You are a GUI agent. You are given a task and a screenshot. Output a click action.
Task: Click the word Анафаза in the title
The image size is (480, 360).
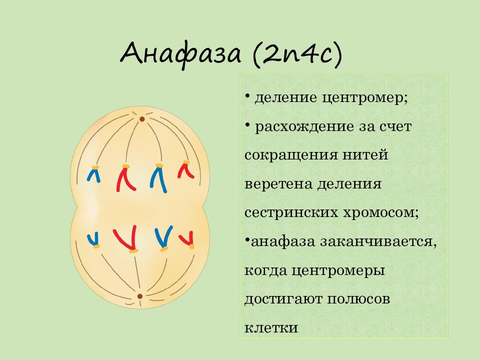(x=181, y=53)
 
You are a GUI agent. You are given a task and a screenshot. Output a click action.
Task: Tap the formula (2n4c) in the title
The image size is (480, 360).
(x=297, y=53)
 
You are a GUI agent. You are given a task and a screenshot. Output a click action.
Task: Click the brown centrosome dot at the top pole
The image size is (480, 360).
(x=142, y=119)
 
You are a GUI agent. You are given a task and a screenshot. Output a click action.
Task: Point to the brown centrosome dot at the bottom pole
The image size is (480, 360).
(x=140, y=296)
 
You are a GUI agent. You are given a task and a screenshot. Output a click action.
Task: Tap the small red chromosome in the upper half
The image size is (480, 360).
(x=185, y=170)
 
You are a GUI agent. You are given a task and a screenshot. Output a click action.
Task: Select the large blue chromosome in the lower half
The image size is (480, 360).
(x=163, y=237)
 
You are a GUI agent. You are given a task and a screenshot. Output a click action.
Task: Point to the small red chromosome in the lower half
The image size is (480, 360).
(x=188, y=238)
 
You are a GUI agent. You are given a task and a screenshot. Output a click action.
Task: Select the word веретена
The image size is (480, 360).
(x=278, y=183)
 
